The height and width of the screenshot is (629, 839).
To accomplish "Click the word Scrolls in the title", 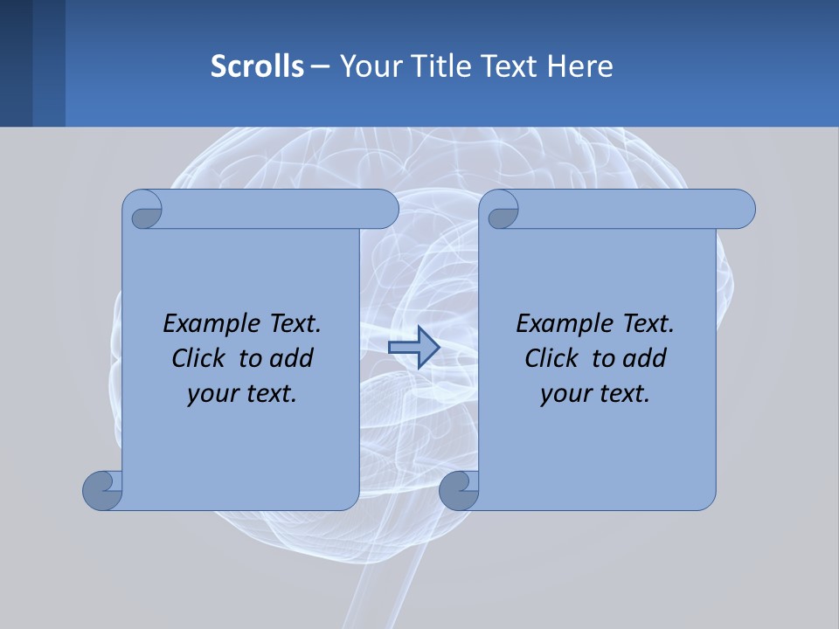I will (257, 66).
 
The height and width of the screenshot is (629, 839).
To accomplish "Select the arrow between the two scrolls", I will (413, 348).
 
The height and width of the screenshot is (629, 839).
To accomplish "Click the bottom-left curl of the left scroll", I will (102, 490).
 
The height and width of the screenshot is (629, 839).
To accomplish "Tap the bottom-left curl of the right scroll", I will (459, 490).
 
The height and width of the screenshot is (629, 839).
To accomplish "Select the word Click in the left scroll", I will (198, 358).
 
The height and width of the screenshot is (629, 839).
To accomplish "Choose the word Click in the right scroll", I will (551, 358).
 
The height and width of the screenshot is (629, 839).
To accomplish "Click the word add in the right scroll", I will (645, 358).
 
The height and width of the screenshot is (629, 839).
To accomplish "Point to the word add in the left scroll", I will (292, 358).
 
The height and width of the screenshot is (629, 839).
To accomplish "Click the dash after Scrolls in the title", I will (319, 66).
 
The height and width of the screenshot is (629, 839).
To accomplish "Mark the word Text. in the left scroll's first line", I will (290, 323).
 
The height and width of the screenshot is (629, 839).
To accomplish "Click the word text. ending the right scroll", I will (621, 393).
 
